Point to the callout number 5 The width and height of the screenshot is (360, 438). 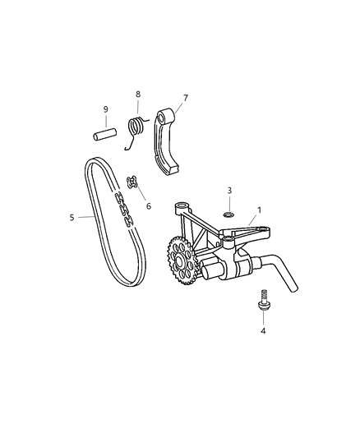coord(72,217)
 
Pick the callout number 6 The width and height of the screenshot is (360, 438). coord(149,206)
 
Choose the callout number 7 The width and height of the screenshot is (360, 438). coord(185,98)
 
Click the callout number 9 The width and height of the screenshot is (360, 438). coord(105,109)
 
